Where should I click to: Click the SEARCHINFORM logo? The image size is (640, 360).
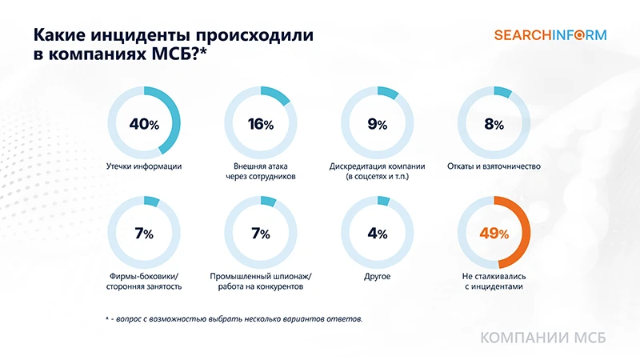[x=550, y=35]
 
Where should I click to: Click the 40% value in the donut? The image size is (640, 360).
[x=144, y=124]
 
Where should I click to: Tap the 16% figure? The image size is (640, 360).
[x=261, y=124]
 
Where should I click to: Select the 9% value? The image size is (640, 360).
[x=378, y=124]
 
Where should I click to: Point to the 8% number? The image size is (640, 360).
[x=494, y=124]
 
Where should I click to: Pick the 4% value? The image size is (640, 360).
[x=378, y=234]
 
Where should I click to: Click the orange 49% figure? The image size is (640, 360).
[x=494, y=234]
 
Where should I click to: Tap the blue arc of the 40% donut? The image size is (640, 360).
[x=174, y=120]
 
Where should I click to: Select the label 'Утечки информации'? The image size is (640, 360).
[x=144, y=167]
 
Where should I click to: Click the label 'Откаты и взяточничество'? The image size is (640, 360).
[x=494, y=167]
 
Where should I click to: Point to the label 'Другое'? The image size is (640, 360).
[x=378, y=276]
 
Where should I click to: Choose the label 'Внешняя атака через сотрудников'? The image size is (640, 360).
[x=261, y=171]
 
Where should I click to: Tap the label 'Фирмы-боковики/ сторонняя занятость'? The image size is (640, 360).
[x=144, y=281]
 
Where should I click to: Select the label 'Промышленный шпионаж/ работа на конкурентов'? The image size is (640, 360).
[x=261, y=281]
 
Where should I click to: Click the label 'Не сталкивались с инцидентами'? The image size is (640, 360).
[x=494, y=281]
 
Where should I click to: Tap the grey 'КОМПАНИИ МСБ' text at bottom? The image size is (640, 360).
[x=542, y=338]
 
